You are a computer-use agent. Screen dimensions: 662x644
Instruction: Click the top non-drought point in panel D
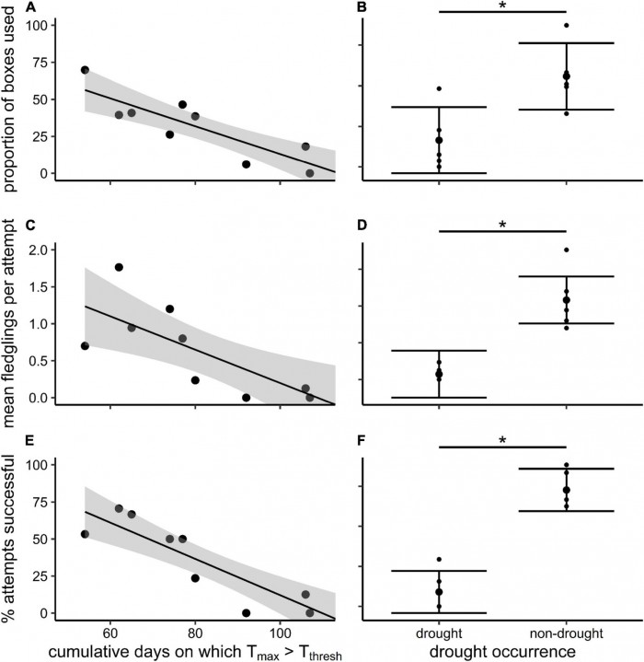(x=567, y=250)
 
